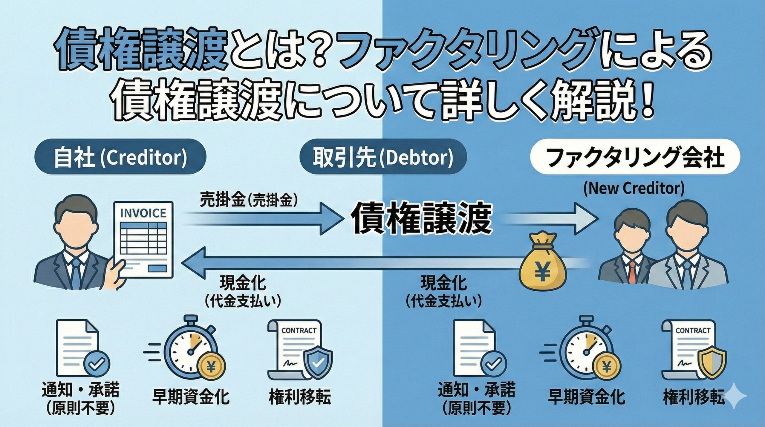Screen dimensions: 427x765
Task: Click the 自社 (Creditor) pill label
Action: (120, 158)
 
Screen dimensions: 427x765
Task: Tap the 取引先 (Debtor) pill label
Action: (383, 158)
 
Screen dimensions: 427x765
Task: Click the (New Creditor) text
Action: (634, 189)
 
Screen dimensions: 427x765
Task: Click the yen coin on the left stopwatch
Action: (211, 366)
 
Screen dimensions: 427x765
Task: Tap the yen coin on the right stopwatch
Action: (607, 366)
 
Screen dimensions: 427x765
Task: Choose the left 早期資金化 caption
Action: (191, 397)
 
